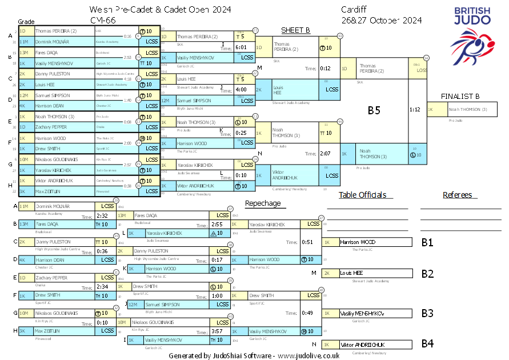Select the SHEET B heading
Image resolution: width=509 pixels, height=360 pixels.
click(295, 30)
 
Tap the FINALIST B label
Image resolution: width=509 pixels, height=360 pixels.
click(460, 97)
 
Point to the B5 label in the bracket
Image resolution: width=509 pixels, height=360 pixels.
click(374, 111)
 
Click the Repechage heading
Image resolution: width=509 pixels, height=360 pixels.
click(263, 203)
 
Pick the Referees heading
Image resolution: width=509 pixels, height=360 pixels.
click(457, 195)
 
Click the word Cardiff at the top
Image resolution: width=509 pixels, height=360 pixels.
click(355, 10)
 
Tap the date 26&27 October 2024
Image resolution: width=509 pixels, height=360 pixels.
click(382, 21)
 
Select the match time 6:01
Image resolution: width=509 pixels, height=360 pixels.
click(241, 47)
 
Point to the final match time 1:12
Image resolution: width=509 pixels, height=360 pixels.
click(415, 109)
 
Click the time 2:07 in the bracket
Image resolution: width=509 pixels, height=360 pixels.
click(326, 153)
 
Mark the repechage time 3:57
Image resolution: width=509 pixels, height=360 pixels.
click(217, 331)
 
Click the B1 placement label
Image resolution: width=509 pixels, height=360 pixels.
click(427, 242)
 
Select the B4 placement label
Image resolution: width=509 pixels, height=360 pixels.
click(427, 344)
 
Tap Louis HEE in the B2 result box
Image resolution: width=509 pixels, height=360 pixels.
click(351, 273)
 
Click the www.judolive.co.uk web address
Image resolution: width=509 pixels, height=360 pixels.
click(309, 355)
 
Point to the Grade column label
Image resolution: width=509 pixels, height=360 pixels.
click(27, 21)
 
